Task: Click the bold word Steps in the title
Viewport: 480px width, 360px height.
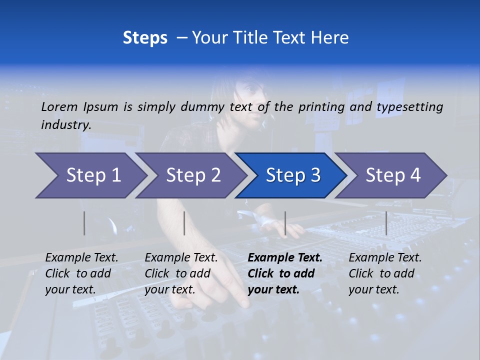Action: coord(145,38)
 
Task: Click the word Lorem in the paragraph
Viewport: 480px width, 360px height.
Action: coord(59,106)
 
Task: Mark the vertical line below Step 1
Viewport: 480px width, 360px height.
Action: coord(84,223)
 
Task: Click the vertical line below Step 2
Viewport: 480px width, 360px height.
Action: coord(184,223)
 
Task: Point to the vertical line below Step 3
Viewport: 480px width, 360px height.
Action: coord(285,223)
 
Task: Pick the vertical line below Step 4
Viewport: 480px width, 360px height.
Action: coord(386,223)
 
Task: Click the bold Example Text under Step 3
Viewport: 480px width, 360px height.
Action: coord(285,258)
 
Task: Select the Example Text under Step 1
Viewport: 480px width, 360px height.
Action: coord(81,258)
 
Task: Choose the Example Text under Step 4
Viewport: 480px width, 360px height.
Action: coord(385,258)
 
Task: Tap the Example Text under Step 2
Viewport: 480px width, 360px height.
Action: coord(181,258)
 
